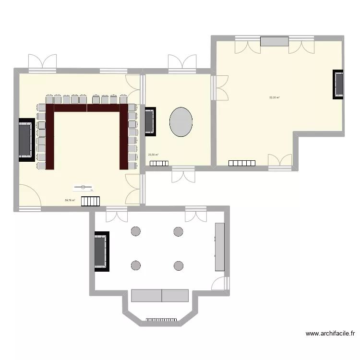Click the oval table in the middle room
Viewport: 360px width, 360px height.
pos(181,121)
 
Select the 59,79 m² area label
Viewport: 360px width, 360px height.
pos(70,200)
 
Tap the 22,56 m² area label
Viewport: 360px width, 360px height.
pos(153,155)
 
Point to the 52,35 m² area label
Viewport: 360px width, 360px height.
pos(274,97)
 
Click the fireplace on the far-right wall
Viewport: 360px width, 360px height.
pos(338,84)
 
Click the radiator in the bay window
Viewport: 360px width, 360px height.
pos(162,319)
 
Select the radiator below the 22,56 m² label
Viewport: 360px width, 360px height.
pos(159,164)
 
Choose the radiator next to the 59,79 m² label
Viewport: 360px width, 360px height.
pos(90,202)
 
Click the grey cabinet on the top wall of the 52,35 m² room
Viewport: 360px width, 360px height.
pos(274,41)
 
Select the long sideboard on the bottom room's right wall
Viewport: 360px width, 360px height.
pos(220,247)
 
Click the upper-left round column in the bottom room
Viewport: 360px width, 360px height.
pos(136,231)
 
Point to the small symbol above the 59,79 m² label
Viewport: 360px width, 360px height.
pos(83,187)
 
